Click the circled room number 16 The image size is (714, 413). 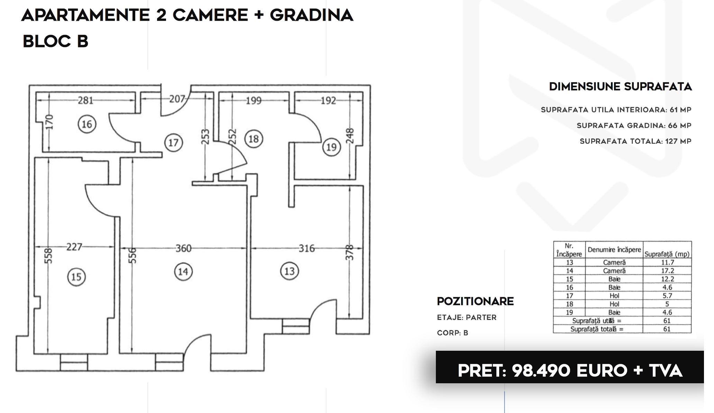coord(86,124)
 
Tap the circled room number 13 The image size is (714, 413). coord(289,271)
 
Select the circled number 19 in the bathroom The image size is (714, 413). coord(331,147)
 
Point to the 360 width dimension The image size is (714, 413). coord(183,248)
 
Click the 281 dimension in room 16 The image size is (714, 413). coord(85,100)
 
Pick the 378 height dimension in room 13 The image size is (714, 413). coord(350,253)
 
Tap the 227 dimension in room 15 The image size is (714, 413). coord(74,247)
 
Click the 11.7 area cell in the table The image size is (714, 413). coord(667,263)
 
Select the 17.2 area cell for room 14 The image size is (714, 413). coord(667,271)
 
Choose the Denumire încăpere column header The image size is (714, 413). coord(614,249)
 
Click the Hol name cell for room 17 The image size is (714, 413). coord(614,296)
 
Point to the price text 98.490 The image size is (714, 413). coord(541,371)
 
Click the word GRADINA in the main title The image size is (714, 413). coord(311,15)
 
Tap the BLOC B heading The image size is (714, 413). coord(55,41)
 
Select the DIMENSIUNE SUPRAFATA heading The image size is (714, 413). coord(620,86)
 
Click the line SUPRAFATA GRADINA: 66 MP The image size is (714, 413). coord(634,126)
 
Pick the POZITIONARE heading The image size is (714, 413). coord(475,301)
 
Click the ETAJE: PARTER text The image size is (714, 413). coord(467,318)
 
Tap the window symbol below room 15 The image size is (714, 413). coord(74,362)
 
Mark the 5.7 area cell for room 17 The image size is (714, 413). coord(667,296)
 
